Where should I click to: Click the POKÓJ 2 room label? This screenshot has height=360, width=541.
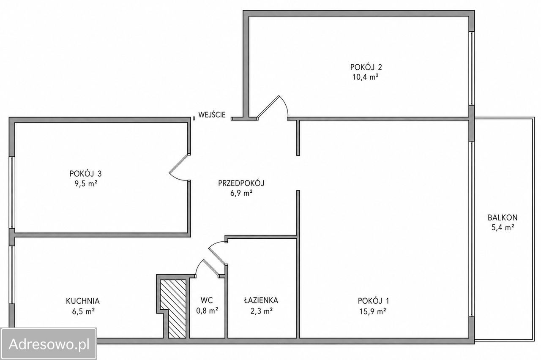[366, 67]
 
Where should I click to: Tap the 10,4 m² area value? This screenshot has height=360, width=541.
[365, 77]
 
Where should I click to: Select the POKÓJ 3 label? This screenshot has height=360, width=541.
[85, 173]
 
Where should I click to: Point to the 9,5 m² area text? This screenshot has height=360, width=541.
[86, 184]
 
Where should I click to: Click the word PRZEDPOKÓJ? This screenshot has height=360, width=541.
[241, 183]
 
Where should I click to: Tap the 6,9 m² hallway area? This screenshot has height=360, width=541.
[241, 193]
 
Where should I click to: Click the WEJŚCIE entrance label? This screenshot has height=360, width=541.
[212, 115]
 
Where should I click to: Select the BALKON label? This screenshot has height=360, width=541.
[503, 218]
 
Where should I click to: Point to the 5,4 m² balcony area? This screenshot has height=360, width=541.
[503, 228]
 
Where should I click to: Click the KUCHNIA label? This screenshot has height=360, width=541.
[83, 301]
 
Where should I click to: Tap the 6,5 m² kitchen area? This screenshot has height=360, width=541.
[83, 311]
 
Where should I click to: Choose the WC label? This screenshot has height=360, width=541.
[207, 300]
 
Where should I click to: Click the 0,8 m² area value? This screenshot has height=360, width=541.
[207, 311]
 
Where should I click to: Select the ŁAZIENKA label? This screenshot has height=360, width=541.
[261, 300]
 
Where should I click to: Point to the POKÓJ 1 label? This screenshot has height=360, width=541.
[373, 301]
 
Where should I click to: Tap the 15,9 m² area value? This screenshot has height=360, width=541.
[373, 311]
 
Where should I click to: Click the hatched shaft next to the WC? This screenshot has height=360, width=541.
[173, 309]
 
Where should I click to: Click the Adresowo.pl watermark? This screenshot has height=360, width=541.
[49, 344]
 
